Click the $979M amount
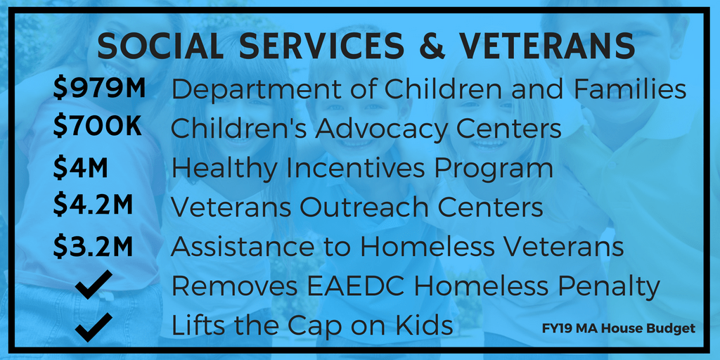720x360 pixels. (x=98, y=89)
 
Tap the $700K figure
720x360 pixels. (x=97, y=127)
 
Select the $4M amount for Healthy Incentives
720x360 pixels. (x=80, y=167)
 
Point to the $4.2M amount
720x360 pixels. (x=93, y=206)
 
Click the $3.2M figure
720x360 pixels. (x=93, y=246)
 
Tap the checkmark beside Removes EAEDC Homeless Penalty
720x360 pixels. (x=94, y=285)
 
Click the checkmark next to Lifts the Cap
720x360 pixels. (x=94, y=327)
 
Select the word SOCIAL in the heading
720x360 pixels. (x=163, y=46)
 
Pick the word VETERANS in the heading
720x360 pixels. (x=548, y=46)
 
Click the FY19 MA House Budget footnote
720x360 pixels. (x=619, y=329)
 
